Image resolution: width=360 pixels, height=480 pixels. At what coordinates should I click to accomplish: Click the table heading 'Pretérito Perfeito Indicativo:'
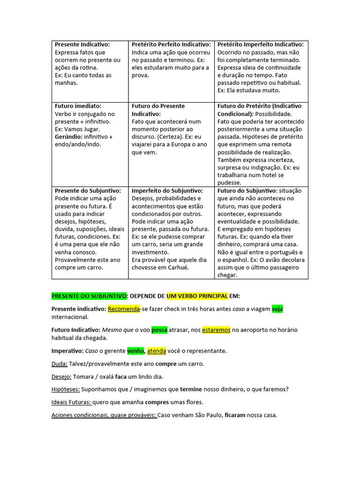click(171, 45)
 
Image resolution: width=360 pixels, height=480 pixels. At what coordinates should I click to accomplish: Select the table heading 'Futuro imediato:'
click(78, 106)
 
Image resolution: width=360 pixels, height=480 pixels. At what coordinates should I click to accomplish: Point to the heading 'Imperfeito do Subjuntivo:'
click(167, 191)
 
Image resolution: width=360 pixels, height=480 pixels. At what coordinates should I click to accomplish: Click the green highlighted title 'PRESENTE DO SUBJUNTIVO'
click(89, 296)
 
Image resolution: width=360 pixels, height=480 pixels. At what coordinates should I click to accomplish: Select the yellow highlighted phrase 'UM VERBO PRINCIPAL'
click(197, 296)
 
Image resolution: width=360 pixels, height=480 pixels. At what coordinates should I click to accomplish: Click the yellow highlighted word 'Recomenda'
click(124, 309)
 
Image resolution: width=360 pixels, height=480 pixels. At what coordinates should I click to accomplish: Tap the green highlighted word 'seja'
click(277, 309)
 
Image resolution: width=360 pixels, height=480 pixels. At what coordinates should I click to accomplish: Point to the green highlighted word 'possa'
click(159, 330)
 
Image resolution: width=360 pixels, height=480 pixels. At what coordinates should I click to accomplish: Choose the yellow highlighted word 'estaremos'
click(216, 330)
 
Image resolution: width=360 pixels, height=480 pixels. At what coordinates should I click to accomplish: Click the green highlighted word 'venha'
click(135, 351)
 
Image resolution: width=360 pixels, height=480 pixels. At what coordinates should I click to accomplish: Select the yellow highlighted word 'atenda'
click(157, 351)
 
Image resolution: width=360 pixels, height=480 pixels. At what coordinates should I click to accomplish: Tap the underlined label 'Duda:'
click(60, 364)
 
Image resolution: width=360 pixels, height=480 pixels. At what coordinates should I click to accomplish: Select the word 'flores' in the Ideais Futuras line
click(193, 402)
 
